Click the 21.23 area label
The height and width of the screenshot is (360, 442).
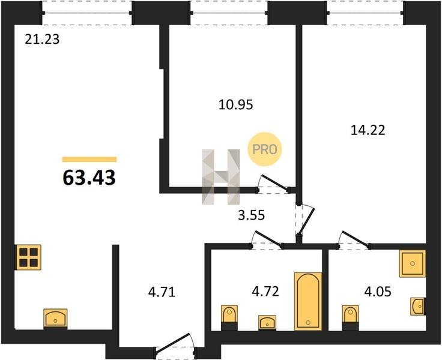(42, 39)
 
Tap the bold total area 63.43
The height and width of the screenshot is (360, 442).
(89, 178)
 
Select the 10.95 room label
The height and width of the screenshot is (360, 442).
(236, 105)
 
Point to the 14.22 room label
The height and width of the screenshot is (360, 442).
(368, 130)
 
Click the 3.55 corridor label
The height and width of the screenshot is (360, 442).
(251, 215)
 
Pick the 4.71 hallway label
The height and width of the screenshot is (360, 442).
(162, 292)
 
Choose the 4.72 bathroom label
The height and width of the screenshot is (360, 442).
(265, 291)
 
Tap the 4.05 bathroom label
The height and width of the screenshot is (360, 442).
(378, 292)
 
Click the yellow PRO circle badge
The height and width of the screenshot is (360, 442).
(265, 149)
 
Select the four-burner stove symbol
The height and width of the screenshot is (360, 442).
(28, 257)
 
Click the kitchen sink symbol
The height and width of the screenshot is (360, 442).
(55, 319)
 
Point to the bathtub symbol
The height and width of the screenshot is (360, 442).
(308, 301)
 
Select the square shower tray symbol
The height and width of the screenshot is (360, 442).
(413, 263)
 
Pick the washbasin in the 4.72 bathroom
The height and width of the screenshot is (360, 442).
(267, 323)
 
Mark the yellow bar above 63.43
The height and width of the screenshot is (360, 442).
(89, 160)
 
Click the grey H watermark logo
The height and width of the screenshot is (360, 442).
(221, 176)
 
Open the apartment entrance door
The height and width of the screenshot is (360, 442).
(174, 342)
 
